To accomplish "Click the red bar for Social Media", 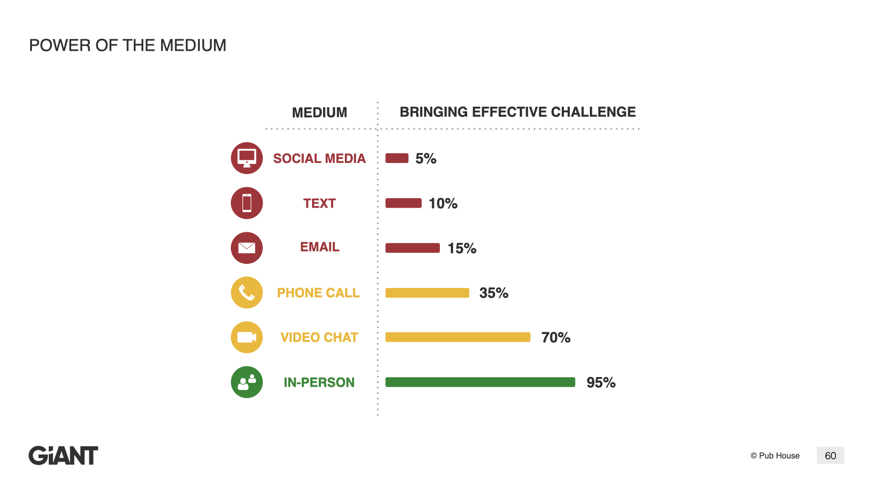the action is (397, 158).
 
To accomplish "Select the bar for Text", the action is (403, 203).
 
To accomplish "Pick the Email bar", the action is (412, 248).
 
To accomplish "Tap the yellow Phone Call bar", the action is (427, 293).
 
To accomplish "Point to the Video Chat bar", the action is (458, 337).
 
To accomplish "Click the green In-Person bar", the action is (480, 382).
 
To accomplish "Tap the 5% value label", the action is (426, 158).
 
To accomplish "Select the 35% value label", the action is (494, 293).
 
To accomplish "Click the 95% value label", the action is (601, 382).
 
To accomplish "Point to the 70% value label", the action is (556, 337).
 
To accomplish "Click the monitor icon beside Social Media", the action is (247, 158).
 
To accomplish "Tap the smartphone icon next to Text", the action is (247, 203).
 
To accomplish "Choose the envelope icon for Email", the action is (247, 248).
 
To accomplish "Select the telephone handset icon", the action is (247, 293).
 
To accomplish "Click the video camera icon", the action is (247, 337).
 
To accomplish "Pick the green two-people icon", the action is (247, 382).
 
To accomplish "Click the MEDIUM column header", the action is (319, 112).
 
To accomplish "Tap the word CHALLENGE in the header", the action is (593, 112).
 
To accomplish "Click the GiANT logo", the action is (63, 456).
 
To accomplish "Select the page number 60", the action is (830, 456).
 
